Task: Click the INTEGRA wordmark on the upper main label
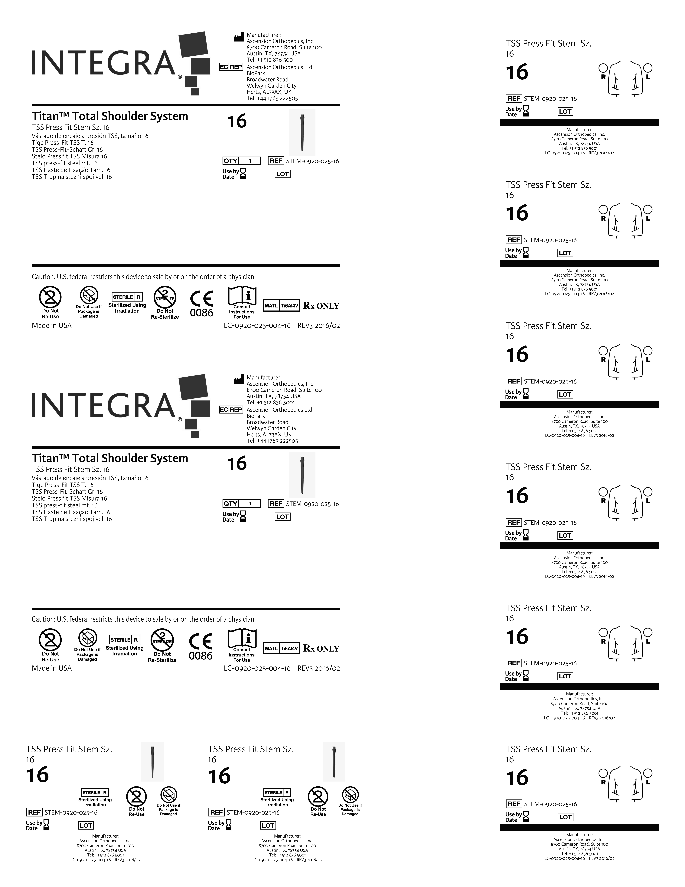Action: point(103,63)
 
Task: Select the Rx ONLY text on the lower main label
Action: point(321,649)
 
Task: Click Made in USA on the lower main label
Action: point(52,668)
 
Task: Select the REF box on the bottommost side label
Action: point(514,804)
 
